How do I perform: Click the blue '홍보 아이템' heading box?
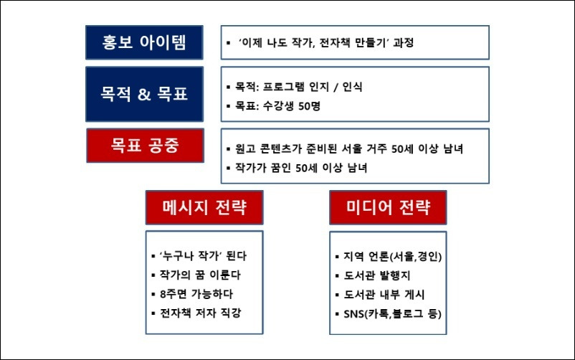144,42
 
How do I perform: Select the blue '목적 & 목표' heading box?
144,94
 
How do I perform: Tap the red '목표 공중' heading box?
144,146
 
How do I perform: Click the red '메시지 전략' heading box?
205,207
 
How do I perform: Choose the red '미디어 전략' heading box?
388,207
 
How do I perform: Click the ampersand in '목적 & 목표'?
143,95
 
